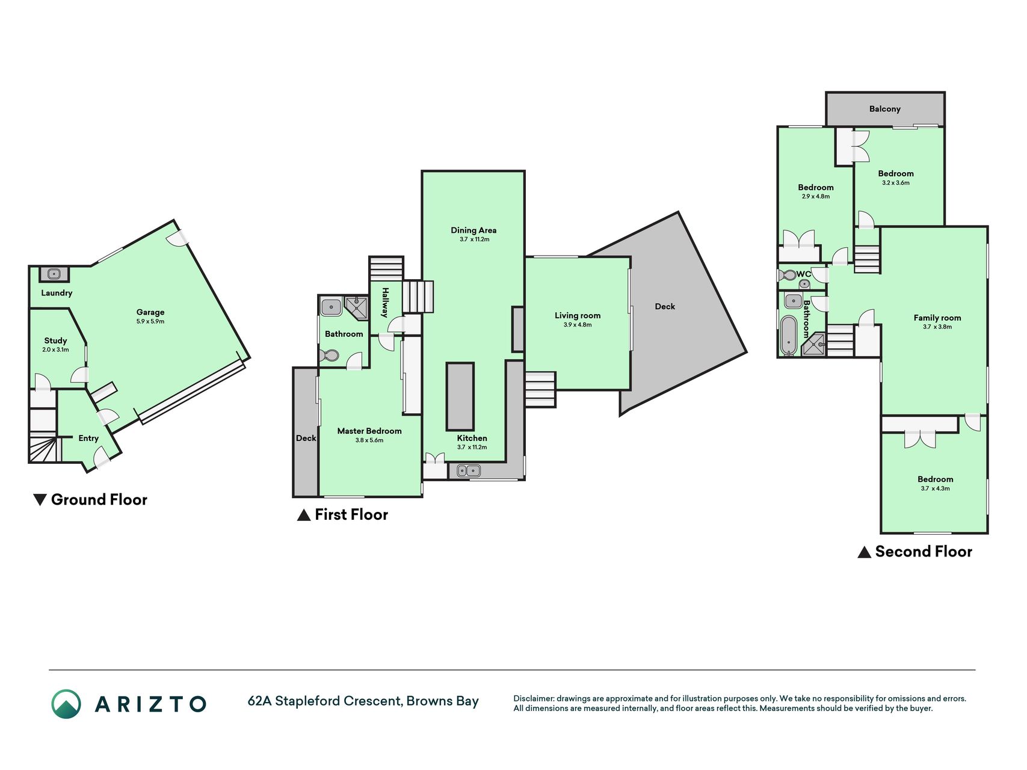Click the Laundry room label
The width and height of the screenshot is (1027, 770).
click(x=57, y=293)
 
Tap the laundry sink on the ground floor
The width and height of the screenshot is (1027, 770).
click(x=54, y=274)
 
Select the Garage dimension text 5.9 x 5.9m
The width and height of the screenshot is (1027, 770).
click(x=150, y=321)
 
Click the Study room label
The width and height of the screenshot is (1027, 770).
click(x=55, y=340)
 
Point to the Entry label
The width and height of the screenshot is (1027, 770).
click(x=88, y=438)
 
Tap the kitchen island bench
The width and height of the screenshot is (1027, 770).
click(x=460, y=396)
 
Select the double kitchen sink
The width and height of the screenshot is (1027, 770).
click(x=469, y=471)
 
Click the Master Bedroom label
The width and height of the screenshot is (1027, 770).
click(x=369, y=431)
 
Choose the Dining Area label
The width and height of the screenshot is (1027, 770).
click(x=473, y=230)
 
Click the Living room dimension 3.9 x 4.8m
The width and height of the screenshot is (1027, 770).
click(x=578, y=325)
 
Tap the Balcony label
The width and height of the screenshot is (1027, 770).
click(x=884, y=109)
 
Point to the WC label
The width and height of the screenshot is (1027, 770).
click(x=804, y=274)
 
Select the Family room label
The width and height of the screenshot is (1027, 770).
click(x=937, y=318)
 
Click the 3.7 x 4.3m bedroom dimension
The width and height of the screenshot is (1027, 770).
click(x=935, y=488)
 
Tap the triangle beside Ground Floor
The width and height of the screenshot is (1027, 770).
click(x=40, y=499)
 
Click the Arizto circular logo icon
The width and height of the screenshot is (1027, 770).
click(x=66, y=703)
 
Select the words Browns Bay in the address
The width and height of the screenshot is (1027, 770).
click(x=443, y=701)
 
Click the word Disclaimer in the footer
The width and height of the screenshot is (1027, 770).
click(x=534, y=698)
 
